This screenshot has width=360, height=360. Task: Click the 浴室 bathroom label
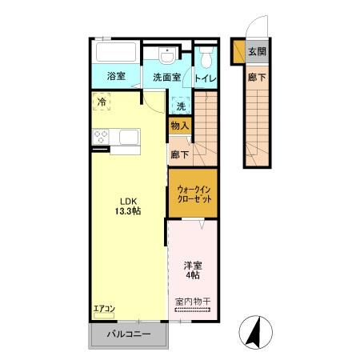coord(116,77)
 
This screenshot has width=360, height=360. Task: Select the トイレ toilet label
coord(204,78)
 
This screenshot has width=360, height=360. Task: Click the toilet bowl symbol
coord(206,57)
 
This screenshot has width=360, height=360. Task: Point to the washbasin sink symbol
coord(166,55)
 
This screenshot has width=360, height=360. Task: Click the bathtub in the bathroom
coord(115,54)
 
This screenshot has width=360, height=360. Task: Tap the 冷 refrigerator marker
coord(102,102)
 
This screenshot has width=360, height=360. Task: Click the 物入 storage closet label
coord(179,126)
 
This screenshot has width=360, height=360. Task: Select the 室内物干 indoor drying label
coord(192,302)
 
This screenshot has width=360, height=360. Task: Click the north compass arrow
coord(255,331)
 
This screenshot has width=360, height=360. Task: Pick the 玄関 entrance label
coord(256,52)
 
